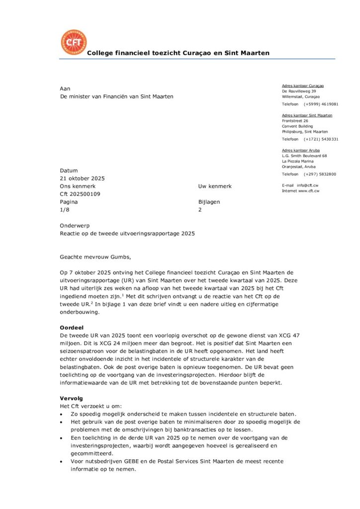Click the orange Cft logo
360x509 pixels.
coord(73,42)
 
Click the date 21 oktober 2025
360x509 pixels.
coord(82,178)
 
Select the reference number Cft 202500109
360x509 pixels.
coord(80,194)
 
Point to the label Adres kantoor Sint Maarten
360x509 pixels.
coord(307,115)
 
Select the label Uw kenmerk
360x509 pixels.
coord(215,186)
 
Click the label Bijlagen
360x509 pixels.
coord(209,202)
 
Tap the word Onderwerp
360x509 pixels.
coord(75,225)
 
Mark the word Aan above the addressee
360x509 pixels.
coord(65,88)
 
